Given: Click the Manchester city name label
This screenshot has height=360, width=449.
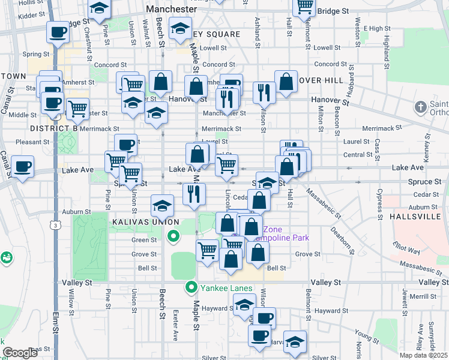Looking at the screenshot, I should (171, 10).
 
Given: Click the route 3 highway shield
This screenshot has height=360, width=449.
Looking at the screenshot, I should (55, 225).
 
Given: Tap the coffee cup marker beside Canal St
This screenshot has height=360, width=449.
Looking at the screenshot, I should (22, 167).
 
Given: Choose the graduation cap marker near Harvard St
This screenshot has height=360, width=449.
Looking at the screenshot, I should (295, 342).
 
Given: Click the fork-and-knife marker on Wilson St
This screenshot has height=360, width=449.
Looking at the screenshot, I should (264, 92).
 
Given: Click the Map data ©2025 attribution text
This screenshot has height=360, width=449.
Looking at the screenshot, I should (423, 355).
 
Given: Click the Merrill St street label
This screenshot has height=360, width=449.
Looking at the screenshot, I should (423, 296).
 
